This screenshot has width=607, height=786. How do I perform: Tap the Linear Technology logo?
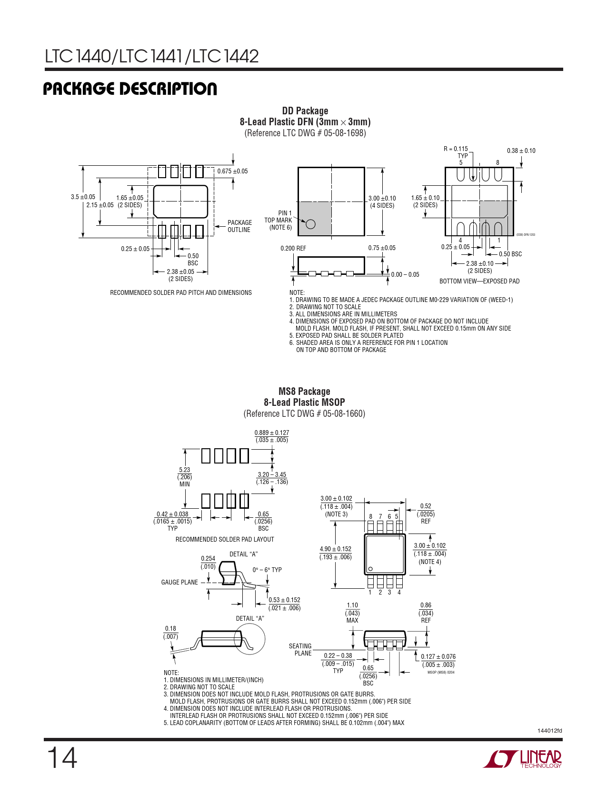pos(522,758)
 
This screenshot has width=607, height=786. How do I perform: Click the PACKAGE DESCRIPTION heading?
pos(130,89)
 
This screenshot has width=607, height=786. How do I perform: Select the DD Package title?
pos(305,111)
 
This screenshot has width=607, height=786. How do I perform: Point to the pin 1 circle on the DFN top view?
pos(310,224)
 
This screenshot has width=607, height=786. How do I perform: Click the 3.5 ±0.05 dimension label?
pos(83,197)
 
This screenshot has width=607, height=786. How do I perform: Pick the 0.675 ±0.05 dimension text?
pos(232,171)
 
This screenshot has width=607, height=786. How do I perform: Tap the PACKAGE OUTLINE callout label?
pos(239,226)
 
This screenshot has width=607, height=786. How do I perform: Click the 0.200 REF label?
pos(293,248)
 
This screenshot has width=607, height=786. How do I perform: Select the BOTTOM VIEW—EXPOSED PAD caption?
pos(479,281)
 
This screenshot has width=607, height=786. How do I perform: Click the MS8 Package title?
pos(304,392)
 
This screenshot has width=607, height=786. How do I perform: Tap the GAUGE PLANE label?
pos(179,582)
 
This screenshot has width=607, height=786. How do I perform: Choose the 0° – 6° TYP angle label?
pos(267,570)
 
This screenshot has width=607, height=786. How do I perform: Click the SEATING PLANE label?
pos(300,649)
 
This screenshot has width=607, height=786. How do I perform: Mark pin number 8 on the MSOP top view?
pos(370,516)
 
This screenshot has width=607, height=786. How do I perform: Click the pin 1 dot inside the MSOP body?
pos(370,569)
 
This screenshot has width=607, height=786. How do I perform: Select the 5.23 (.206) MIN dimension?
pos(184,477)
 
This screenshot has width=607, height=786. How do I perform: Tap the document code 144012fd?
pos(549,730)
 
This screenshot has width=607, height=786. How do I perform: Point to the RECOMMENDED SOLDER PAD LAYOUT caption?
pos(225,539)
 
